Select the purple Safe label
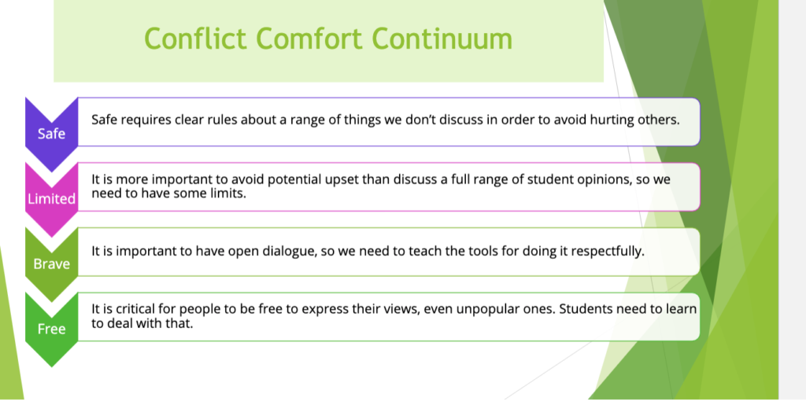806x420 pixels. (51, 133)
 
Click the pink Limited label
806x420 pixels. (51, 198)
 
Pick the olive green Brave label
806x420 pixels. (51, 263)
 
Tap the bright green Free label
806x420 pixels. (51, 328)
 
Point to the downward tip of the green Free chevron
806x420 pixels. (51, 365)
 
